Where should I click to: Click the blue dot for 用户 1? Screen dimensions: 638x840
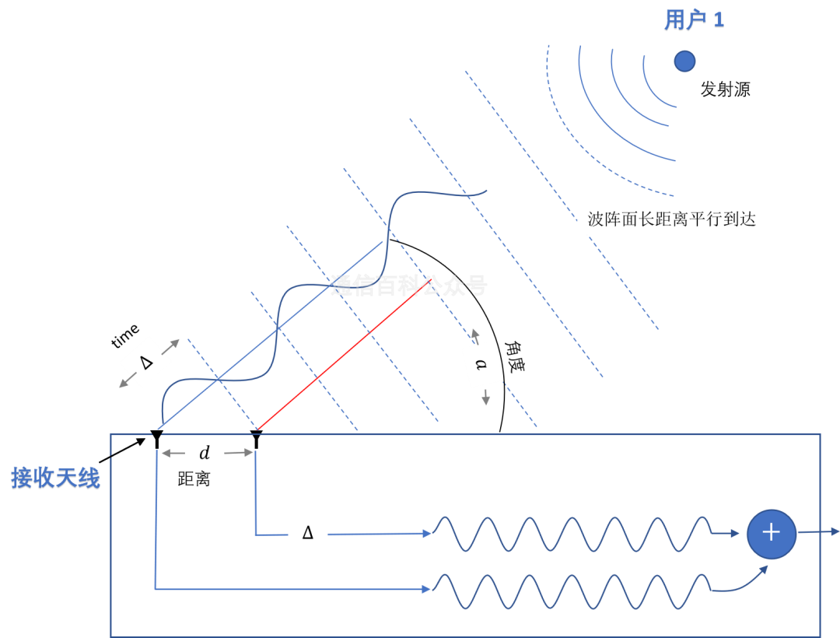[684, 61]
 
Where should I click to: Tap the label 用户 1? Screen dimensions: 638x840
[694, 21]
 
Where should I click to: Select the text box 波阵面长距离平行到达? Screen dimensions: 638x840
[672, 219]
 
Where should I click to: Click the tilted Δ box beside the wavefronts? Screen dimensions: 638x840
[145, 362]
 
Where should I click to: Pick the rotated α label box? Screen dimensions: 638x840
[482, 363]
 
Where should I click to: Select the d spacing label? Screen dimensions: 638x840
[205, 453]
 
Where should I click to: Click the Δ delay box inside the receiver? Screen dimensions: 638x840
[308, 533]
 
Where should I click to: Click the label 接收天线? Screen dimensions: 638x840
[55, 478]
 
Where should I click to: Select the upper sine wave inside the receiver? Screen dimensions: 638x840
[572, 535]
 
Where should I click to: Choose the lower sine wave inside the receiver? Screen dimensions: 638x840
[572, 591]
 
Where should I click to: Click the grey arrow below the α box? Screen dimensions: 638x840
[486, 398]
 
